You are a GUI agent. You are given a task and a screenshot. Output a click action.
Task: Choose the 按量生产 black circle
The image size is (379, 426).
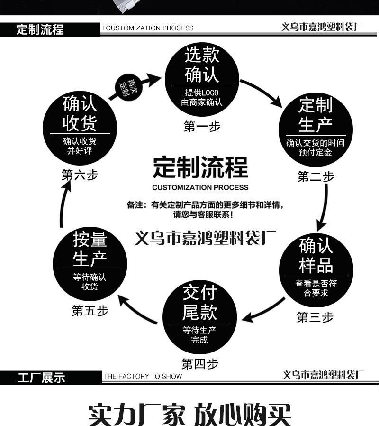[x=90, y=263]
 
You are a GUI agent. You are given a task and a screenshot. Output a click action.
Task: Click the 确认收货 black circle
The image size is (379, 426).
[x=80, y=124]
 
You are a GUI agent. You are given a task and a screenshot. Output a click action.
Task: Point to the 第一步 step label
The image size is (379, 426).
[x=202, y=127]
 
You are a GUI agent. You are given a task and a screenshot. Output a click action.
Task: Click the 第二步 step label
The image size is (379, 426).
[x=316, y=177]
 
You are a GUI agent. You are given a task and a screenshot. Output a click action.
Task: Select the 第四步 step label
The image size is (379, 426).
[x=200, y=364]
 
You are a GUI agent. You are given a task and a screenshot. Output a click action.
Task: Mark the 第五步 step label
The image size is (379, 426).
[x=90, y=311]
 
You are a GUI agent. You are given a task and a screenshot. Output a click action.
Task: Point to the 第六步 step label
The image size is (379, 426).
[x=80, y=175]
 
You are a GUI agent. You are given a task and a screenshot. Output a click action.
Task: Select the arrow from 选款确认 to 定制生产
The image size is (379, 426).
[x=263, y=93]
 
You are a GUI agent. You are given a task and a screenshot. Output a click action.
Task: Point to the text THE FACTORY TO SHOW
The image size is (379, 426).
[x=143, y=376]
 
